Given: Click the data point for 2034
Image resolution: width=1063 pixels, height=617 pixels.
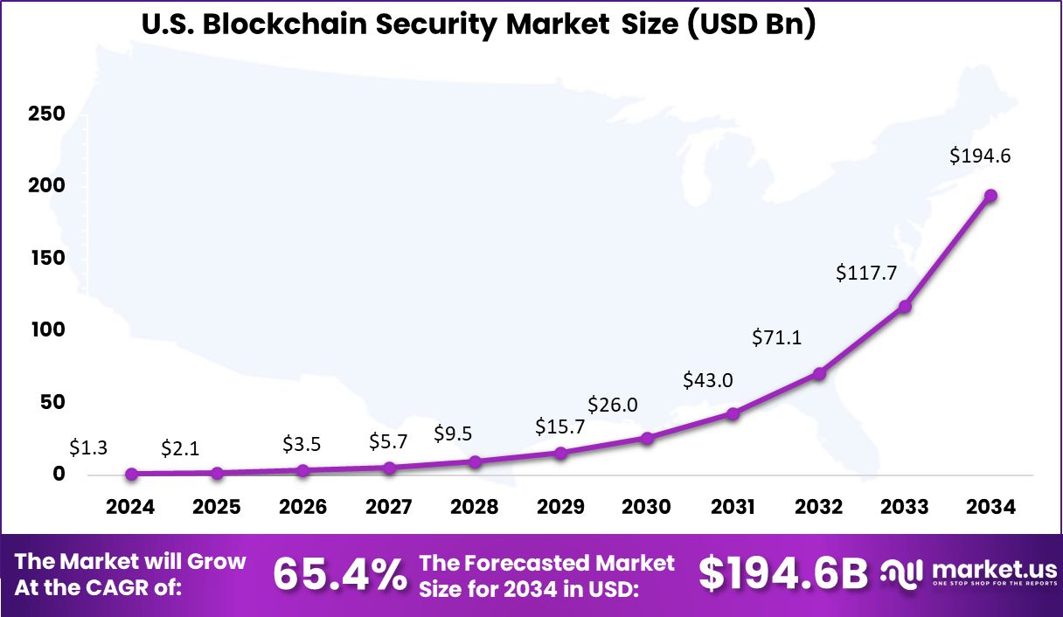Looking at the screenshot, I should [x=990, y=196].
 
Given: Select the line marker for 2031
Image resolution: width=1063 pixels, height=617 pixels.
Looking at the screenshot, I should [x=733, y=413].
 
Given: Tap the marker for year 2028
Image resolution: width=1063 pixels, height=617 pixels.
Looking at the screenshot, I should [x=475, y=461].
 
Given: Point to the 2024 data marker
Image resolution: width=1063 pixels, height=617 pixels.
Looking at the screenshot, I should [x=131, y=474].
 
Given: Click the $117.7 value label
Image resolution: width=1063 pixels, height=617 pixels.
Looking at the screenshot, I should [x=866, y=273].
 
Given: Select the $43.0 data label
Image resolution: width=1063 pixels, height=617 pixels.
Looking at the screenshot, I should [x=707, y=380].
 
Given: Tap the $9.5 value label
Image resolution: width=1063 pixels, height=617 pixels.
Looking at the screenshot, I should [x=453, y=434].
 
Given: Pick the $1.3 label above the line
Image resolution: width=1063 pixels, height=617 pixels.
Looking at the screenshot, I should [x=88, y=448].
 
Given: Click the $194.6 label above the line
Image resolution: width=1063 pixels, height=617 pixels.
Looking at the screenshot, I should [x=980, y=156].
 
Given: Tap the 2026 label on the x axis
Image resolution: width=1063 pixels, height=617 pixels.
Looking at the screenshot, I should [x=302, y=507].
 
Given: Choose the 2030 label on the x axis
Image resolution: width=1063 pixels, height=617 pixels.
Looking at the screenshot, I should [x=646, y=507].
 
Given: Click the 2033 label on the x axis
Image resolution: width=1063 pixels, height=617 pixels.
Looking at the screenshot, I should [x=904, y=507].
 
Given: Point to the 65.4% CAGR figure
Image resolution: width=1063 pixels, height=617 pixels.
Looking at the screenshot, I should [x=340, y=574].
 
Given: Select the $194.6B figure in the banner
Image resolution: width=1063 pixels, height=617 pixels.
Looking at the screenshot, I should [x=783, y=574].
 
